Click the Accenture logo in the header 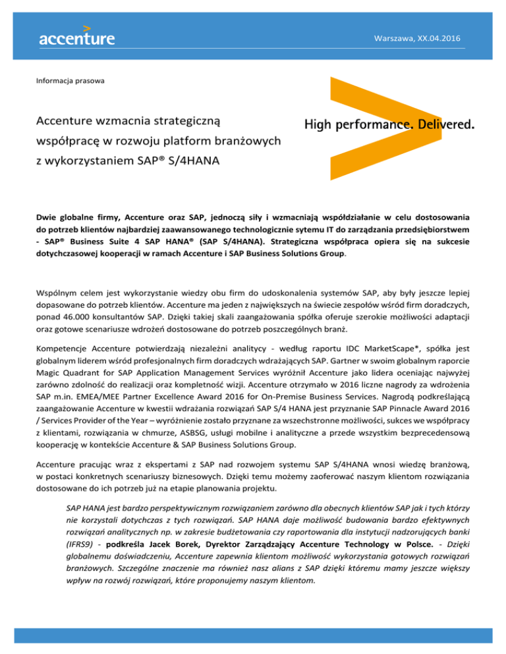(x=76, y=34)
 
